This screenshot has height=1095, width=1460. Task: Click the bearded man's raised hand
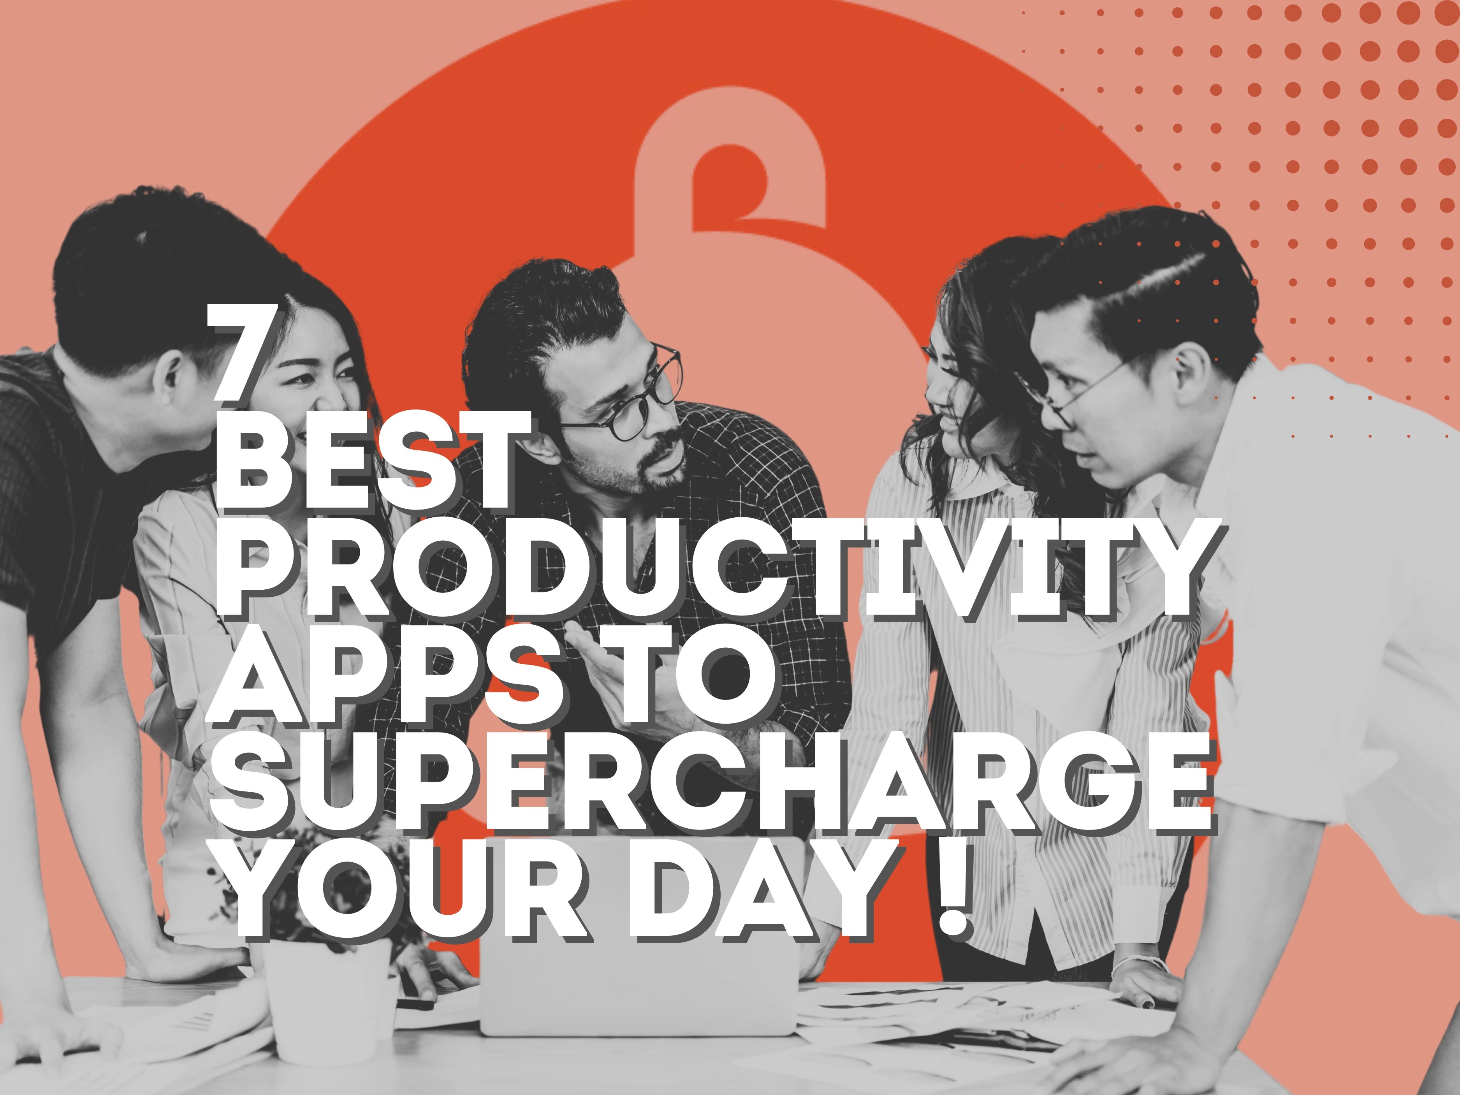click(594, 667)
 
